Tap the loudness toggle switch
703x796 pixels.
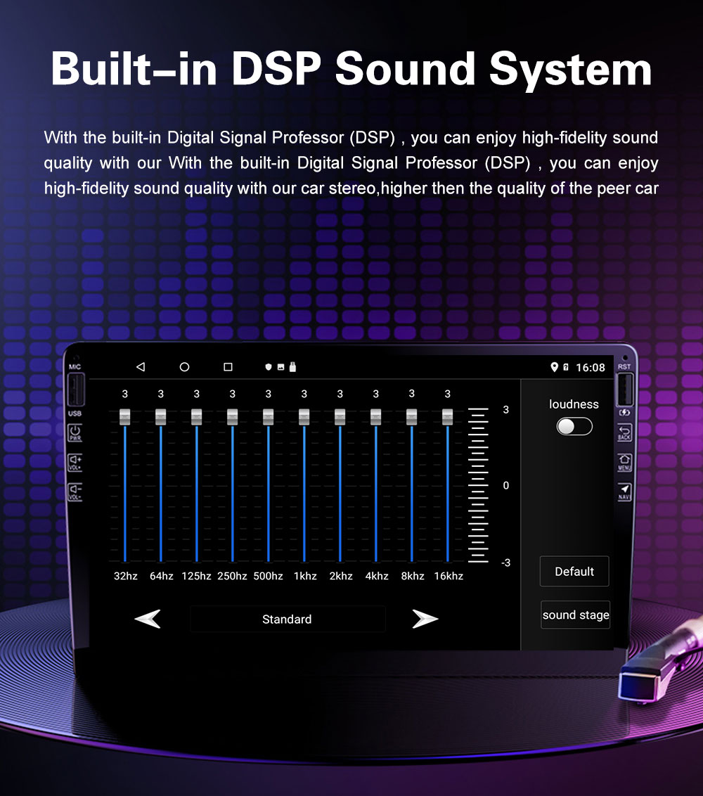point(574,426)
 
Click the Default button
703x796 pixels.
point(574,572)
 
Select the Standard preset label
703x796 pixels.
point(287,620)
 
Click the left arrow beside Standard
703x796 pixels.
point(148,619)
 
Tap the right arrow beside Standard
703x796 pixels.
point(425,619)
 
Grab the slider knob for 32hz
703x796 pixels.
point(125,417)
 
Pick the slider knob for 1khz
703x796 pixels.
point(304,417)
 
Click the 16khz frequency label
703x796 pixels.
point(449,576)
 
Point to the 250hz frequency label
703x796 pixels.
point(232,576)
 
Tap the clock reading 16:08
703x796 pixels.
point(591,368)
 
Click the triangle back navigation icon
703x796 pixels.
point(141,366)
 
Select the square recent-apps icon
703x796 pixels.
point(228,366)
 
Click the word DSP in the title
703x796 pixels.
point(276,69)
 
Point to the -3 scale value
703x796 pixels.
point(505,563)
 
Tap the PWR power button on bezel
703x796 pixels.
point(75,433)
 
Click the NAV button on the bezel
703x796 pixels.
point(624,492)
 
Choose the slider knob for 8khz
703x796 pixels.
point(412,417)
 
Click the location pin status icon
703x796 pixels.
point(554,367)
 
